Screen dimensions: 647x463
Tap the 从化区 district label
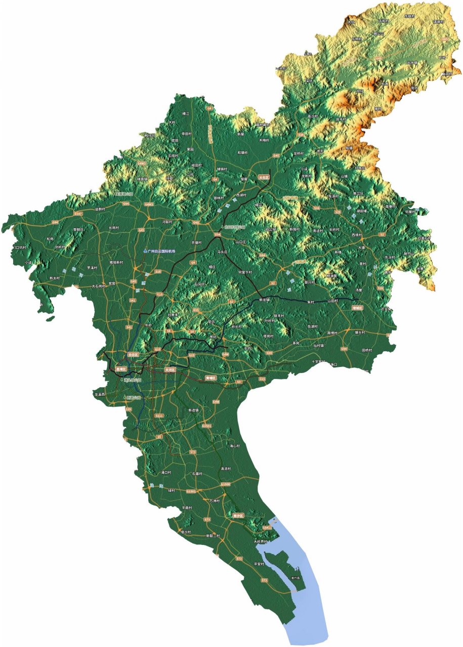pyautogui.click(x=262, y=177)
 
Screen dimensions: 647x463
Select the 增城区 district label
pyautogui.click(x=358, y=307)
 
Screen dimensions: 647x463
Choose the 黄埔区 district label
pyautogui.click(x=210, y=378)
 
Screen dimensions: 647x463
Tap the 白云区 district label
pyautogui.click(x=133, y=355)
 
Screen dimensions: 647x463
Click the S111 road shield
pyautogui.click(x=159, y=415)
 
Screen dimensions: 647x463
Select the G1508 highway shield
pyautogui.click(x=226, y=484)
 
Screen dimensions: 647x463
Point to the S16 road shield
pyautogui.click(x=317, y=208)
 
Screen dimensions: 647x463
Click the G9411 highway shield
pyautogui.click(x=267, y=528)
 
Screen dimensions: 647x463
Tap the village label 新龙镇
pyautogui.click(x=265, y=300)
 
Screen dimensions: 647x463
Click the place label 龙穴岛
pyautogui.click(x=296, y=578)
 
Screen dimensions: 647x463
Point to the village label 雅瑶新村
pyautogui.click(x=116, y=263)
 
